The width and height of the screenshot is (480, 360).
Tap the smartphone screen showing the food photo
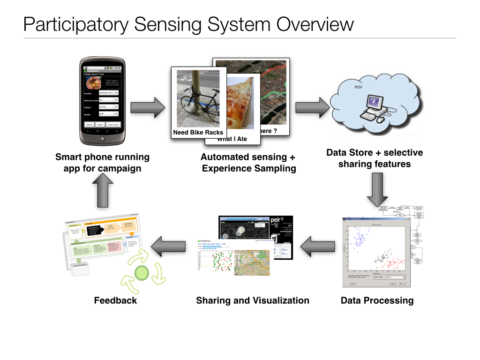102,98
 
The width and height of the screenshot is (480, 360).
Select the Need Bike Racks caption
198,133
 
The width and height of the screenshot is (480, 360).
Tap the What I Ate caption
232,139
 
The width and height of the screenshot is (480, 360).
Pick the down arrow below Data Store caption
377,189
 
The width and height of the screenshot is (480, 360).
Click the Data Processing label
377,300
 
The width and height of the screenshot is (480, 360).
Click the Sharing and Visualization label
253,300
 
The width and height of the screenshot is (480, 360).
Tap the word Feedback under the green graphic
115,300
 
